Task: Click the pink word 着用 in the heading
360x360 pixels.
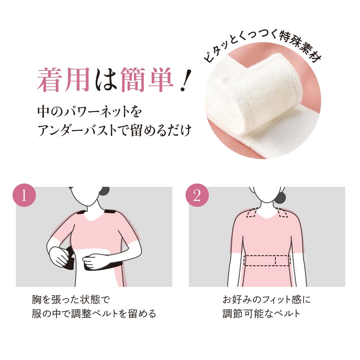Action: [63, 80]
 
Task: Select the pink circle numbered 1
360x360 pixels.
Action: [24, 195]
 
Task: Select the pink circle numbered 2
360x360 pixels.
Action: [197, 195]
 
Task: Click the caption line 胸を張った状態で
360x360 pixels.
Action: [70, 300]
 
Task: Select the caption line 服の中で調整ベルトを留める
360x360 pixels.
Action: [94, 314]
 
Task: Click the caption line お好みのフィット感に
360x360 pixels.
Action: [267, 300]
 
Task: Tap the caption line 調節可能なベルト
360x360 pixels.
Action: [261, 314]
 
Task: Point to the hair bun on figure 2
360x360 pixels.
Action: [282, 196]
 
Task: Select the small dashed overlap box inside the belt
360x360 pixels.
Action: [282, 260]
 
